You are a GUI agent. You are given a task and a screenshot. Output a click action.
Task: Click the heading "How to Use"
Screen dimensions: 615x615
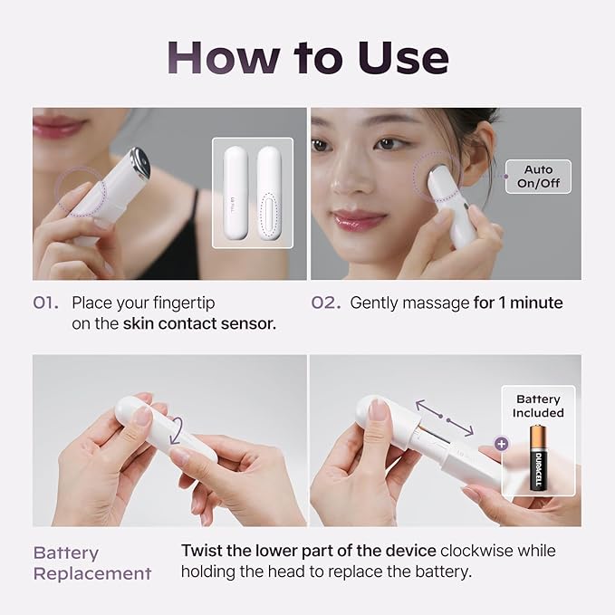click(308, 56)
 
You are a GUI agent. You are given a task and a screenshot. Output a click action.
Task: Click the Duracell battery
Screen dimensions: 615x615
click(539, 458)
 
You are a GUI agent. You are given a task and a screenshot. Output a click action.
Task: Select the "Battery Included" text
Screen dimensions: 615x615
click(539, 406)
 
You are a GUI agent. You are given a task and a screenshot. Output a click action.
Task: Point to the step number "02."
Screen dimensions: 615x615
click(325, 303)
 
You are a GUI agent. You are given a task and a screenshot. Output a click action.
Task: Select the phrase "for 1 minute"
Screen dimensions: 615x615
click(518, 303)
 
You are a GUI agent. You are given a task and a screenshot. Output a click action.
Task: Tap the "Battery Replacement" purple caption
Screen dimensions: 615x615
click(91, 562)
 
